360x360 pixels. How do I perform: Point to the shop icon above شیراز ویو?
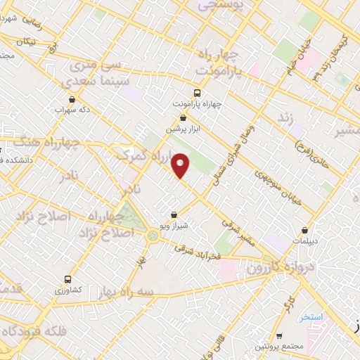click(x=174, y=215)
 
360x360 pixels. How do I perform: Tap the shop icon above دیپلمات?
click(x=304, y=230)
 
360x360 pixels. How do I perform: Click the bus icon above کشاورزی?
click(x=68, y=279)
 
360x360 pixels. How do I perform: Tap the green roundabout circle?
click(x=153, y=235)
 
